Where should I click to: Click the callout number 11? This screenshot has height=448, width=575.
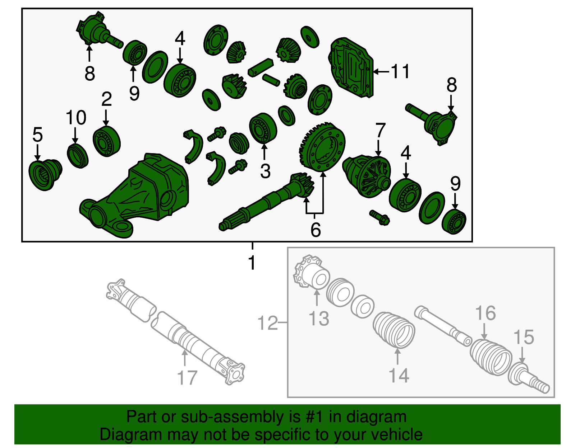tap(400, 71)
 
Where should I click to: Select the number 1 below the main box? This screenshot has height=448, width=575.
tap(252, 262)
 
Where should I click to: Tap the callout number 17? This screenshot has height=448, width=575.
tap(187, 377)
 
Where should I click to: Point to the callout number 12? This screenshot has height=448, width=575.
tap(268, 322)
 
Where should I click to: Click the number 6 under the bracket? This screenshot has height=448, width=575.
tap(316, 229)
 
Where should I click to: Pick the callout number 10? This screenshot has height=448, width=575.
tap(76, 117)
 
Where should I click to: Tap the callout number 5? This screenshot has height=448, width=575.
tap(37, 135)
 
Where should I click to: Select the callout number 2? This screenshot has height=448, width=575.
tap(106, 99)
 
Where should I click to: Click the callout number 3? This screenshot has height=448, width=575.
tap(265, 171)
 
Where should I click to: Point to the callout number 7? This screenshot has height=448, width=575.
tap(380, 130)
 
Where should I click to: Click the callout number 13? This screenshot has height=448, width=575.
tap(319, 319)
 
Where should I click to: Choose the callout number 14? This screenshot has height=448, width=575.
tap(399, 376)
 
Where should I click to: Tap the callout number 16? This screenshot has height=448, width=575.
tap(485, 313)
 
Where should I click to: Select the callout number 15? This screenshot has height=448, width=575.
tap(524, 337)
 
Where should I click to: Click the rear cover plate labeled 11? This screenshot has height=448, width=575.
tap(351, 67)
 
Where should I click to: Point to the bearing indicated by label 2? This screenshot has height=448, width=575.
tap(107, 141)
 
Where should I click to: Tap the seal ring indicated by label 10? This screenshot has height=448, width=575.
tap(78, 156)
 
